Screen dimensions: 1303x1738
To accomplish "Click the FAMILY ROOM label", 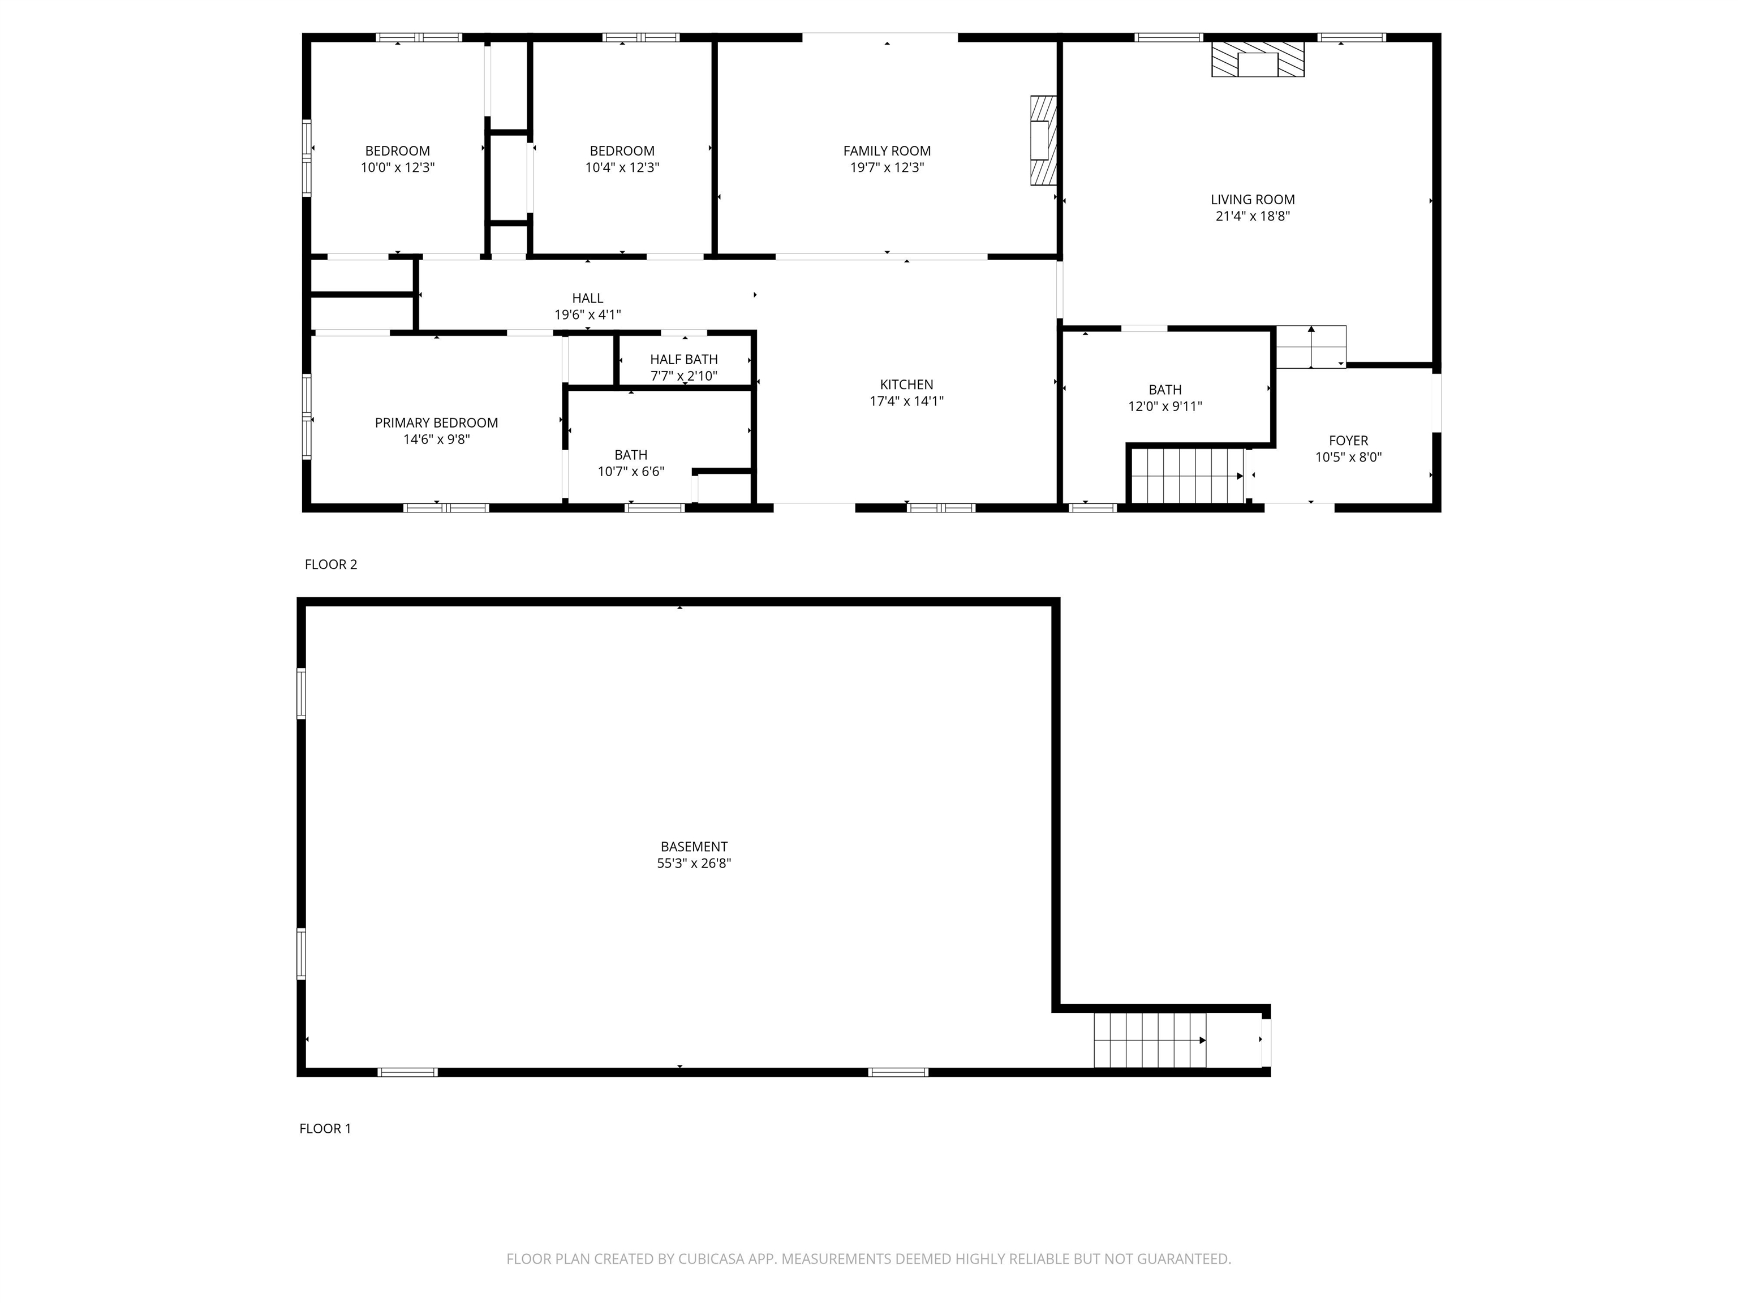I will [887, 151].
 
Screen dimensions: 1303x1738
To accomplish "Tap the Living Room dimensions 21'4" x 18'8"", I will [1253, 216].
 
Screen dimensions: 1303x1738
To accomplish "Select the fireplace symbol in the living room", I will [1257, 60].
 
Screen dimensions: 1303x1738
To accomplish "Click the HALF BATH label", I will [683, 360].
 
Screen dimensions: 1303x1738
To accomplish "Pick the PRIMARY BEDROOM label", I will [436, 422].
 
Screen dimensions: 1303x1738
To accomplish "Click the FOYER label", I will [1348, 441].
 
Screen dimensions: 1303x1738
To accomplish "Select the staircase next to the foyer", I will [1187, 475].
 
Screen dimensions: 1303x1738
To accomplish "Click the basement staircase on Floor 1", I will [1150, 1040].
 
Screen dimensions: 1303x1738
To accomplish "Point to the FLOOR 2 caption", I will [331, 564].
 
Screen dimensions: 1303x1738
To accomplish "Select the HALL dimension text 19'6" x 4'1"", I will [588, 315].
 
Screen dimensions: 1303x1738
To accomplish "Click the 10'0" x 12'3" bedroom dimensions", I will [398, 167].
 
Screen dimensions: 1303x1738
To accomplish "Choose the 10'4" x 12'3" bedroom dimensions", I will [622, 167].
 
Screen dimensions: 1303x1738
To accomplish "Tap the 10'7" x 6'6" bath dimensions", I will [631, 471].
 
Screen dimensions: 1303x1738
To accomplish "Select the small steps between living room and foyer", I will [1310, 346].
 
